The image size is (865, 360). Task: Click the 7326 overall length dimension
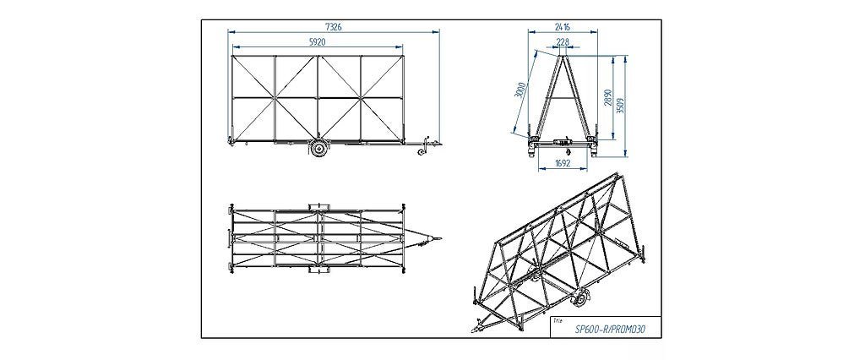[x=335, y=28]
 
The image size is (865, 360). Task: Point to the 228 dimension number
[x=563, y=41]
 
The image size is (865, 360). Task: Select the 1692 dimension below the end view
[x=563, y=164]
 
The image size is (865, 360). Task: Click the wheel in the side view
[x=319, y=149]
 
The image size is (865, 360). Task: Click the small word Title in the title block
[x=556, y=320]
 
